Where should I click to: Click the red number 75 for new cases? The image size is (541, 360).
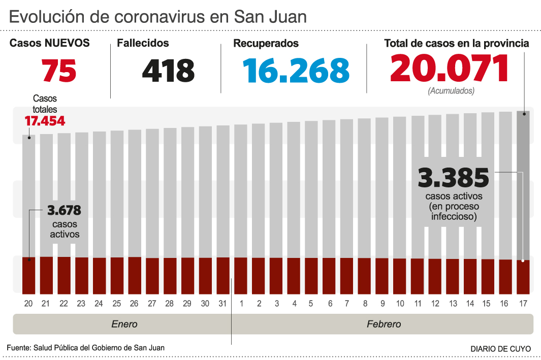tap(59, 71)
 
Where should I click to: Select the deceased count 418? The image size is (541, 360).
tap(168, 71)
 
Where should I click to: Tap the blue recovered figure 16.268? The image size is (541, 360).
tap(296, 71)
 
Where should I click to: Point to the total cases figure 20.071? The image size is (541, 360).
tap(449, 69)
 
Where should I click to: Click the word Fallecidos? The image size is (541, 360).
tap(143, 44)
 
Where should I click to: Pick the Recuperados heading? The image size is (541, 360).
tap(266, 44)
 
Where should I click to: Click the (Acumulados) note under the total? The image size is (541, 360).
tap(451, 91)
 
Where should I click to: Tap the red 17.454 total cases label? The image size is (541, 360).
tap(45, 121)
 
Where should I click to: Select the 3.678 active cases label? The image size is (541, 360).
tap(64, 210)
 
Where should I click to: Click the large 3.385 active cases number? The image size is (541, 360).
tap(453, 178)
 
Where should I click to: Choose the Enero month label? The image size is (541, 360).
tap(124, 324)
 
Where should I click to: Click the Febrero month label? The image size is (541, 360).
tap(384, 324)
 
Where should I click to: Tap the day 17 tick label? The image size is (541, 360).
tap(523, 303)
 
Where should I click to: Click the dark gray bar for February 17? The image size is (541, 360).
tap(523, 183)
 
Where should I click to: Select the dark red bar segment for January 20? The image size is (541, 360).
tap(28, 276)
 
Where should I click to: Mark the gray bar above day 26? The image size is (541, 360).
tap(135, 193)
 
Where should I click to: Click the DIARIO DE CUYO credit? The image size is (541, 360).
tap(500, 349)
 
